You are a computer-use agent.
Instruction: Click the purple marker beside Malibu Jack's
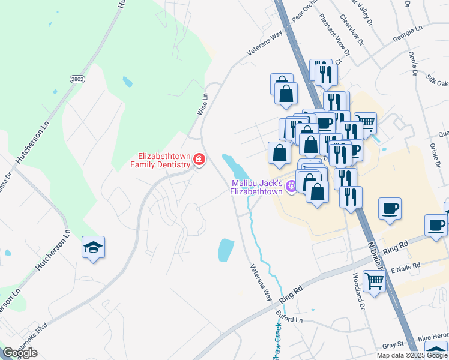point(291,187)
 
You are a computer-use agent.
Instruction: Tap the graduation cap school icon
point(94,248)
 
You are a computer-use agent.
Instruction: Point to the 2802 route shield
point(77,79)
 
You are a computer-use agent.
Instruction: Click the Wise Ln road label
point(203,104)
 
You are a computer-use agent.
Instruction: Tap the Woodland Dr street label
point(358,290)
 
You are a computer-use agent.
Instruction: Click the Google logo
point(20,353)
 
